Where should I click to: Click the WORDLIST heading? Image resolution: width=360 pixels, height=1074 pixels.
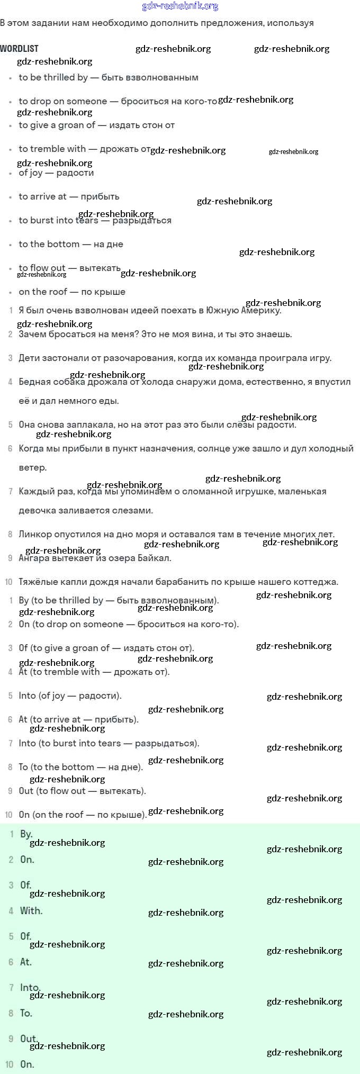coord(19,48)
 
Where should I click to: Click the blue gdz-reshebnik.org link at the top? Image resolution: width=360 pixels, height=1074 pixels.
coord(180,6)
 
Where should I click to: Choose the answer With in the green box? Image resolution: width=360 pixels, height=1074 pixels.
coord(31,910)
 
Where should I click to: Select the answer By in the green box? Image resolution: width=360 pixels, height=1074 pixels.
coord(26,834)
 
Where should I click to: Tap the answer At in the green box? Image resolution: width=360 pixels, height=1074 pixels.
coord(26,962)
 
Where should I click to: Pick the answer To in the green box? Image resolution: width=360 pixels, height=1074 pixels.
coord(26,1013)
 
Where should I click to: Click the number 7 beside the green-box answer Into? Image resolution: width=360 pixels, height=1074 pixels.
coord(11,988)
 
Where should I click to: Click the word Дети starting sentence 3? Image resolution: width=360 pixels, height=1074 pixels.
coord(30,358)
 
